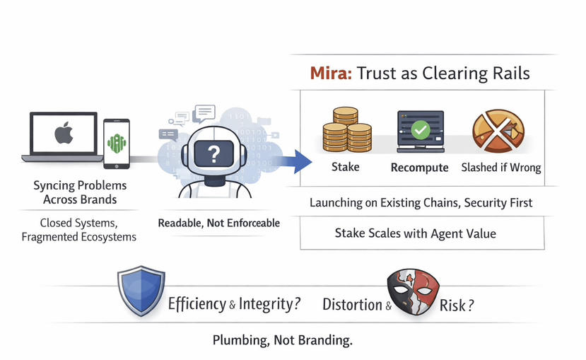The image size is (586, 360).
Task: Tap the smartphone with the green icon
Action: point(116,143)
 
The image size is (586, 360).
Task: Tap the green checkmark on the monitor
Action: point(420,129)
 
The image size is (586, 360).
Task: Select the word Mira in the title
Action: point(331,74)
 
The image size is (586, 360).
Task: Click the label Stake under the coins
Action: point(345,167)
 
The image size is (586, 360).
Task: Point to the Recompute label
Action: point(419,168)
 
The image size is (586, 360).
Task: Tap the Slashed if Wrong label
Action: point(500,168)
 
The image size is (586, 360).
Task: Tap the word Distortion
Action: point(352,305)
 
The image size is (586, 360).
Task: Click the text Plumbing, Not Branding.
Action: point(282,340)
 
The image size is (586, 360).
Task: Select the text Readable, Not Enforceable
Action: point(218,223)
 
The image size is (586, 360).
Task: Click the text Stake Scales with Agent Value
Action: point(415,233)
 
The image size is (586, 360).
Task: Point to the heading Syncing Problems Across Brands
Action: point(80,192)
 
